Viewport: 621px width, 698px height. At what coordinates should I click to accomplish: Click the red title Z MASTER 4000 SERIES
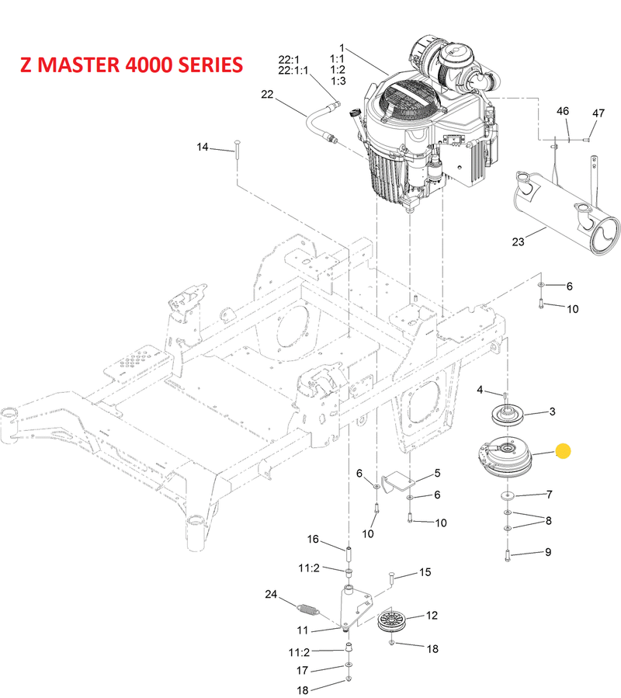coord(131,64)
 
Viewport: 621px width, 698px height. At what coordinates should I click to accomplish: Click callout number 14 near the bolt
coord(203,147)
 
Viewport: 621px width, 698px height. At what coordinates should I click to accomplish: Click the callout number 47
coord(598,113)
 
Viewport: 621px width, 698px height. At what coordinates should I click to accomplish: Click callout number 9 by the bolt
coord(548,552)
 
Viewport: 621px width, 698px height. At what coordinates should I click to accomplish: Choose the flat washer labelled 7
coord(508,495)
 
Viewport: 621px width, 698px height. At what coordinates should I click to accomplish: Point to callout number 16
coord(313,540)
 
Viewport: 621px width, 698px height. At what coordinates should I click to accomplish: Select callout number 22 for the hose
coord(267,95)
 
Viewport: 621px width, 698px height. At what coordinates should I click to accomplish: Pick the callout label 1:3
coord(338,80)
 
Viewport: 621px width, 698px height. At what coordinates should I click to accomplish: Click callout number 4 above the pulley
coord(480,389)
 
